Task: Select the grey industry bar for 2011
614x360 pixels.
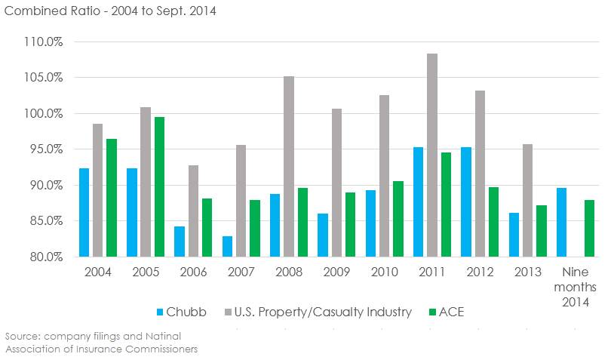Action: [x=432, y=155]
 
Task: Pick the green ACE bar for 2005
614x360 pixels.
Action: [x=159, y=186]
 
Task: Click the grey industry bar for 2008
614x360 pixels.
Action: [x=289, y=166]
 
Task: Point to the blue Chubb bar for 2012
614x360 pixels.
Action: [x=466, y=202]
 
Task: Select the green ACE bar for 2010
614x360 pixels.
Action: [x=398, y=219]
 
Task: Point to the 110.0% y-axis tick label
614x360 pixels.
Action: [x=45, y=42]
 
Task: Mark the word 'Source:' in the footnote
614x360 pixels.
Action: [x=21, y=335]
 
